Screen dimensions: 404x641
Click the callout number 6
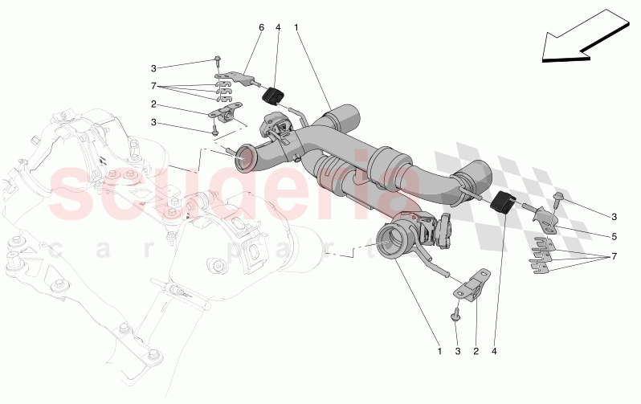tap(261, 28)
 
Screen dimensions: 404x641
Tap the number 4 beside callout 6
tap(278, 28)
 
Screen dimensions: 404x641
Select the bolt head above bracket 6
tap(218, 58)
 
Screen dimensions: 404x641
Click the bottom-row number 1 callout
tap(439, 351)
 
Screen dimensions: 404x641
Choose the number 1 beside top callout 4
tap(296, 28)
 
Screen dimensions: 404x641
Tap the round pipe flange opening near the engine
tap(245, 157)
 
